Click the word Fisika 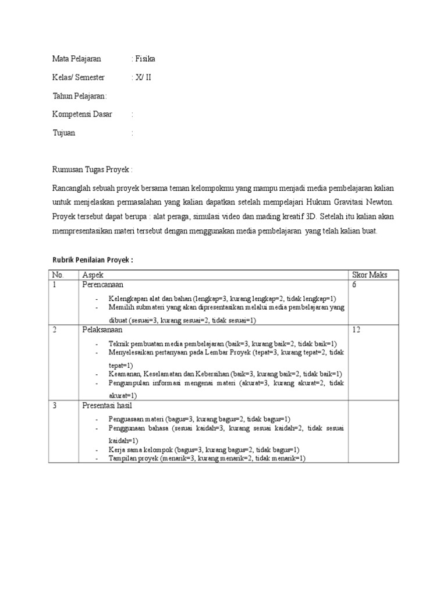[x=146, y=59]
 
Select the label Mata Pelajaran [x=76, y=59]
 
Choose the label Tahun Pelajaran [x=79, y=96]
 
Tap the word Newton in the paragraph [x=381, y=204]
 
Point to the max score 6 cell [x=354, y=285]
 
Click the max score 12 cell [x=357, y=330]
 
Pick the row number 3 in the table [x=54, y=406]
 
